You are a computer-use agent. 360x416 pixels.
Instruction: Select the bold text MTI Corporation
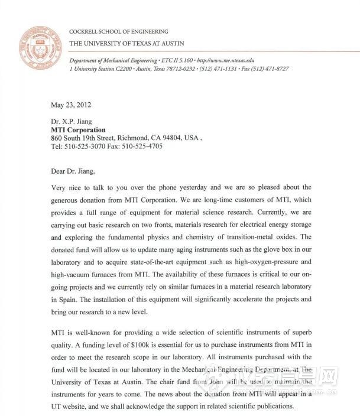[79, 130]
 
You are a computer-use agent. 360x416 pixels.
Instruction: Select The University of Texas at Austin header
[127, 43]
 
